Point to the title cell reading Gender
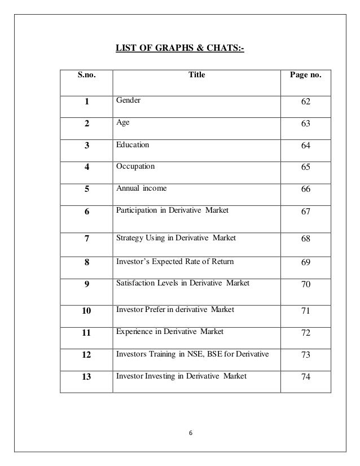pyautogui.click(x=128, y=100)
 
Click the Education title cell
pyautogui.click(x=133, y=145)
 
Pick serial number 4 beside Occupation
pyautogui.click(x=86, y=168)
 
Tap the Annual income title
pyautogui.click(x=141, y=189)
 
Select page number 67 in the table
pyautogui.click(x=306, y=212)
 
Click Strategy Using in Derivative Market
pyautogui.click(x=175, y=238)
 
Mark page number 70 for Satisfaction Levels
pyautogui.click(x=306, y=284)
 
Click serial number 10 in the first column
pyautogui.click(x=86, y=310)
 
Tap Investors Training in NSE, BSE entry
pyautogui.click(x=191, y=354)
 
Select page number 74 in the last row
pyautogui.click(x=306, y=377)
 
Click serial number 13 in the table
pyautogui.click(x=86, y=376)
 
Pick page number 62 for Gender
pyautogui.click(x=306, y=103)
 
